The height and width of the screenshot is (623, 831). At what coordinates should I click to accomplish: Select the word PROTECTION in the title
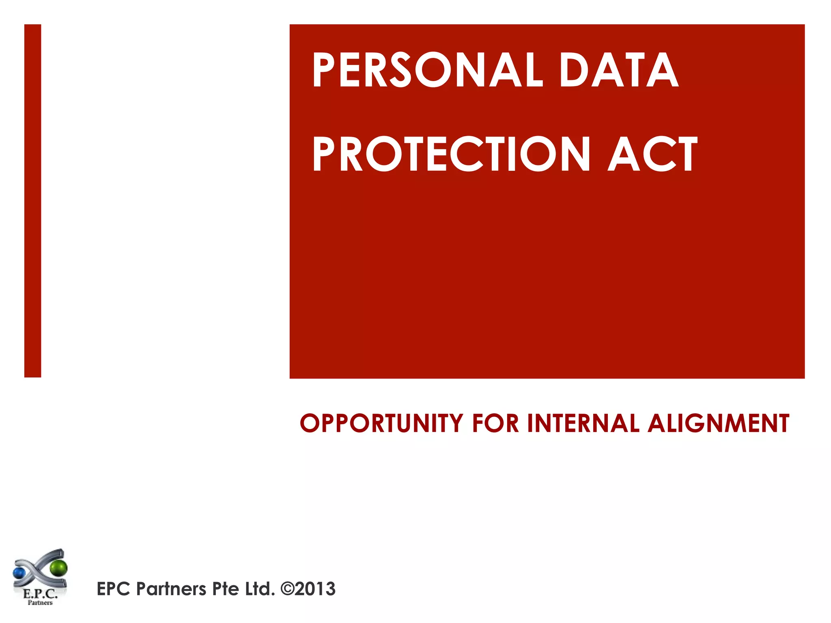[451, 154]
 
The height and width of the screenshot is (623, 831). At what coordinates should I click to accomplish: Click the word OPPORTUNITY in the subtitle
[381, 423]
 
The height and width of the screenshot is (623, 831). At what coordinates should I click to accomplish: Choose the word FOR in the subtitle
[495, 423]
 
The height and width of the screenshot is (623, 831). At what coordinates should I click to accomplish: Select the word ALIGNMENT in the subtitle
[718, 423]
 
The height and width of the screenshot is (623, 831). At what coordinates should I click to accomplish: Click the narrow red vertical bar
[32, 201]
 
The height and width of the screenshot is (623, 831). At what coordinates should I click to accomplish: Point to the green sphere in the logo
[59, 568]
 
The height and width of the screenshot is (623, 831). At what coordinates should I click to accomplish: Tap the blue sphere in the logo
[19, 573]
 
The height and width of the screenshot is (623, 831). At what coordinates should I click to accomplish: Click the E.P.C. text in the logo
[40, 594]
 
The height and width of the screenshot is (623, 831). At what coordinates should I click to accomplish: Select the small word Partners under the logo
[40, 603]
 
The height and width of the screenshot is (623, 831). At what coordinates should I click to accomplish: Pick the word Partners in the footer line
[171, 589]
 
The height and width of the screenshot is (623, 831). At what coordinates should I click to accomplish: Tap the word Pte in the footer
[225, 589]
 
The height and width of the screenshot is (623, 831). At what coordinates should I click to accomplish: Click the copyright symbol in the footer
[287, 589]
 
